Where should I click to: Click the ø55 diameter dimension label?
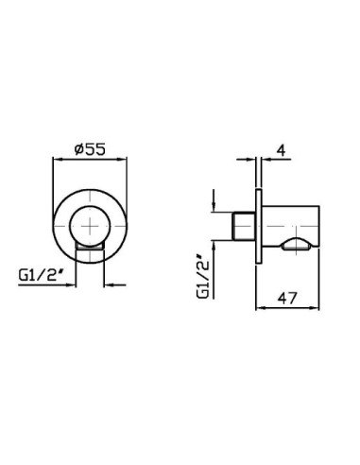click(90, 149)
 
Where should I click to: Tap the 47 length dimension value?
click(287, 298)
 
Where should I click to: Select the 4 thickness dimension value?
click(282, 150)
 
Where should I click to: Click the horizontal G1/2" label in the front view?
click(40, 276)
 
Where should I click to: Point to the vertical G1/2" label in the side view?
click(203, 276)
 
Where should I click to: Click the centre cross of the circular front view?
click(90, 226)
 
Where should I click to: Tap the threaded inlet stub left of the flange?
click(244, 226)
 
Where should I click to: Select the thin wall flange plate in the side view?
click(258, 227)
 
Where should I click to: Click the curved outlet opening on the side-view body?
click(297, 246)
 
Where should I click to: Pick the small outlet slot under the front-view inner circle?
click(90, 247)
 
